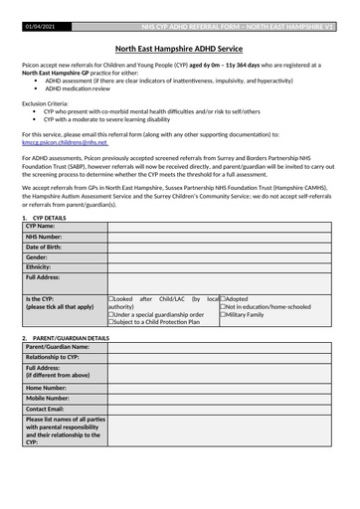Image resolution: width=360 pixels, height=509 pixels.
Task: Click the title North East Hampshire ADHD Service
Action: (180, 48)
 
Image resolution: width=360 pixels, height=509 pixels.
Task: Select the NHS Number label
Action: (45, 237)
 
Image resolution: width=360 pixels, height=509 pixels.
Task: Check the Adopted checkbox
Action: (223, 298)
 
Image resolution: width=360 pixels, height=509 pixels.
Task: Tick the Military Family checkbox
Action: (223, 314)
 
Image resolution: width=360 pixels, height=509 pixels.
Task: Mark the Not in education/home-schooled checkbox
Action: (223, 306)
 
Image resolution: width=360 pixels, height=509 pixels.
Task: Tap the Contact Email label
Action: (46, 409)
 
